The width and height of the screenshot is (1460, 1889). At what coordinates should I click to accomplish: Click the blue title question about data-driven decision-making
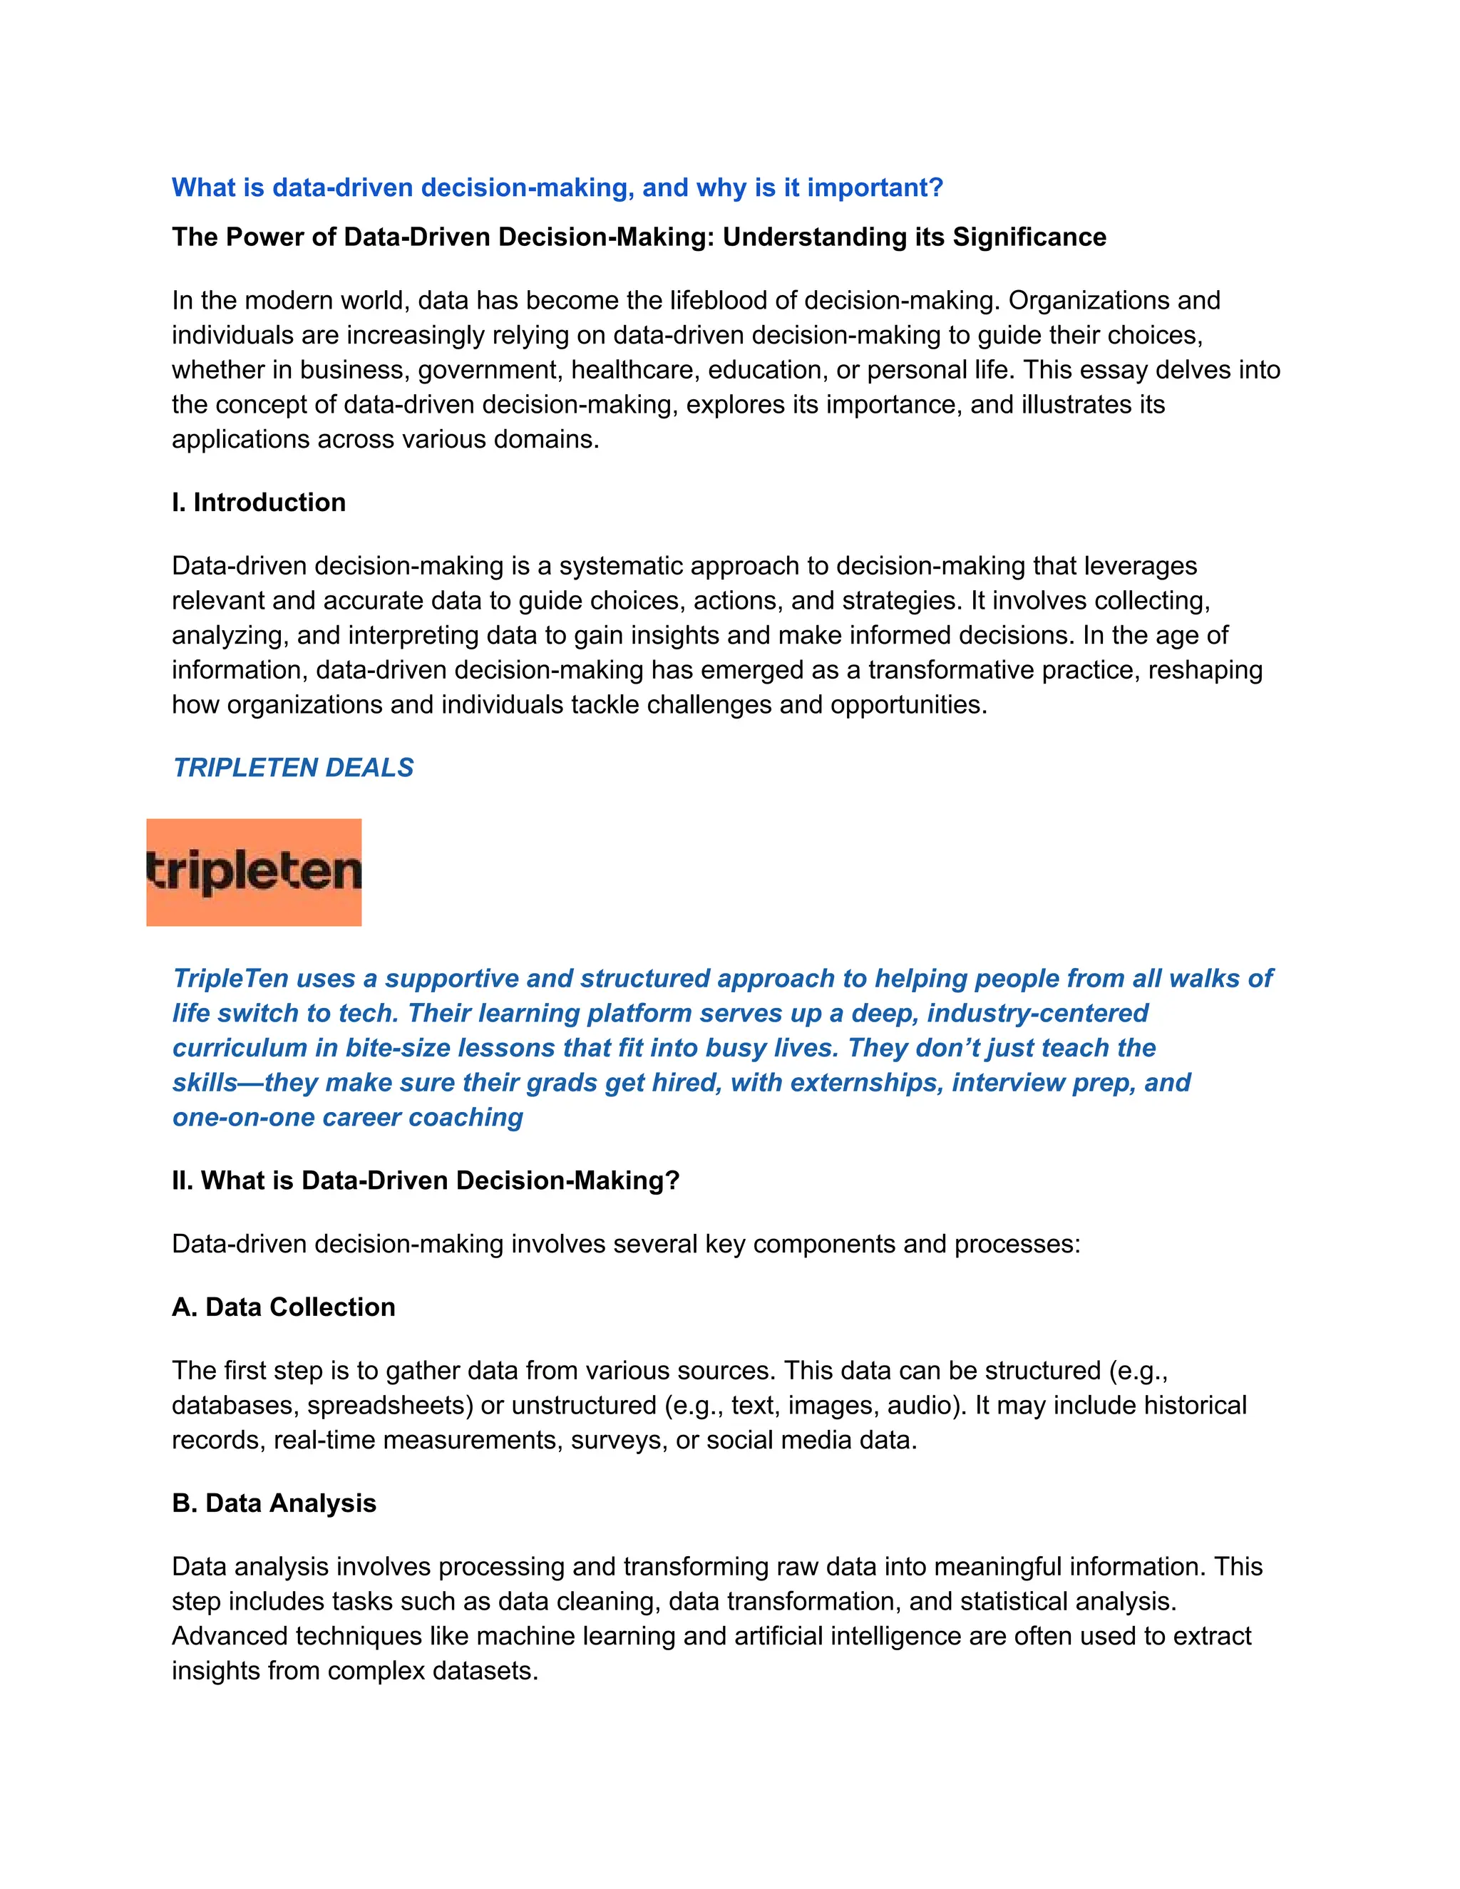click(557, 187)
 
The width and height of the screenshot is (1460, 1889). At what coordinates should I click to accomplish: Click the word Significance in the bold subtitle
click(1029, 237)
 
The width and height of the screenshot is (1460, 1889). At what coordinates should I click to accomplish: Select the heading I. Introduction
click(259, 503)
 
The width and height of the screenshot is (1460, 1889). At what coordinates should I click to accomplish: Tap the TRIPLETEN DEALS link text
click(293, 768)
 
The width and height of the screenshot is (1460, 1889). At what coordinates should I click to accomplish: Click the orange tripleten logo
click(253, 872)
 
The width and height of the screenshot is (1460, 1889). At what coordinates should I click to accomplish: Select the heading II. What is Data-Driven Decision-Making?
click(426, 1180)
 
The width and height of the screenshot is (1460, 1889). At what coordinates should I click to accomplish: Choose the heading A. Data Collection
click(284, 1307)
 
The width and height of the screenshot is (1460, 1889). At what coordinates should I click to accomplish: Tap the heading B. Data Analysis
click(274, 1503)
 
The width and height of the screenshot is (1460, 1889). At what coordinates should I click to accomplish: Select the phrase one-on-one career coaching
click(348, 1118)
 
